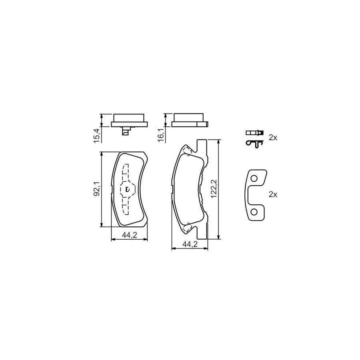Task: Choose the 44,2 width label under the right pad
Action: tap(190, 244)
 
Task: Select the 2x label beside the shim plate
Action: tap(273, 194)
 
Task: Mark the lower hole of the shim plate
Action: tap(253, 212)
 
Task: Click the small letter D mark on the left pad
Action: tap(127, 189)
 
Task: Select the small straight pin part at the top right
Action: tap(254, 132)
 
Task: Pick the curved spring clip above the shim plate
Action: tap(254, 144)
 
